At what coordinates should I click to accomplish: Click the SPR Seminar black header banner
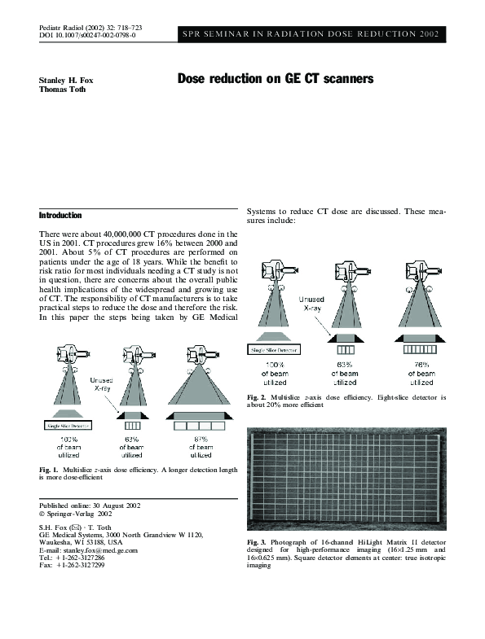[311, 33]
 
